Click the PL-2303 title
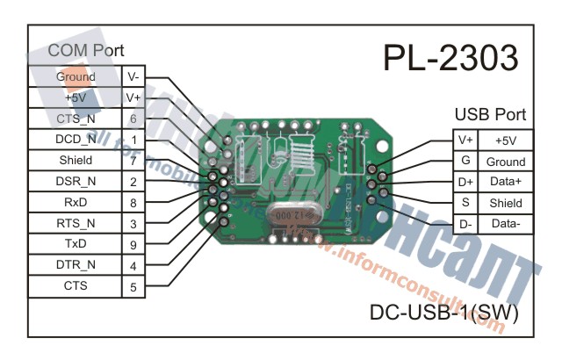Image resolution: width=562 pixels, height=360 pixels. (x=450, y=59)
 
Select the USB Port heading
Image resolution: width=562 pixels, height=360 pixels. (x=490, y=115)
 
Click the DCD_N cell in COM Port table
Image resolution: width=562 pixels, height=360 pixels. (x=76, y=140)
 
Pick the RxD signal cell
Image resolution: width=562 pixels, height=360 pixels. (x=76, y=202)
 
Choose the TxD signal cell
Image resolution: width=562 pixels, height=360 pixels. (x=76, y=244)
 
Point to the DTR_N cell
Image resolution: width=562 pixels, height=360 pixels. (x=76, y=265)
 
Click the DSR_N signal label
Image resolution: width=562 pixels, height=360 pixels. (x=76, y=182)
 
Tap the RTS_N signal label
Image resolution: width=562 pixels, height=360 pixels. (x=76, y=223)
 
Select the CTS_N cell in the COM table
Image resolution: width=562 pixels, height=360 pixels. (x=76, y=119)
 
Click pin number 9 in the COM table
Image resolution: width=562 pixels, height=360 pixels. (x=133, y=244)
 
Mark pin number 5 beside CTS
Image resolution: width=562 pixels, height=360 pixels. (x=133, y=286)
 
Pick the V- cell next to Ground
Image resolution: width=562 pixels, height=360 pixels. (x=133, y=76)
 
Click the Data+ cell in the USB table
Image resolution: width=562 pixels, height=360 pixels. (x=506, y=183)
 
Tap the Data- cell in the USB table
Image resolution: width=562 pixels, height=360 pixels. (x=506, y=224)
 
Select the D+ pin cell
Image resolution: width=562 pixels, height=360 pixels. (x=465, y=183)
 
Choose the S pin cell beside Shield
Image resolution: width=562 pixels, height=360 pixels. (x=465, y=203)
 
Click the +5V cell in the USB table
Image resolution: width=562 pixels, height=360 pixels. (x=506, y=140)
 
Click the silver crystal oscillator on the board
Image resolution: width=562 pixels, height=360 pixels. (x=292, y=214)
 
